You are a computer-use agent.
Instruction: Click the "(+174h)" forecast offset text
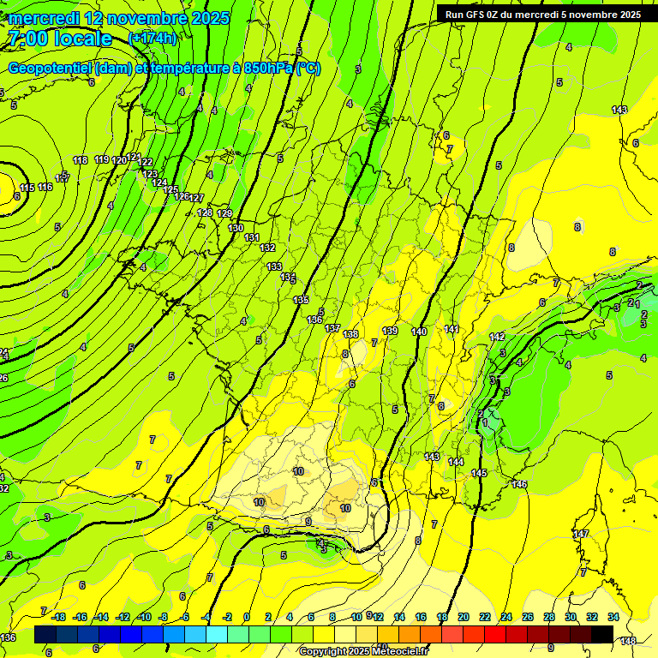[153, 38]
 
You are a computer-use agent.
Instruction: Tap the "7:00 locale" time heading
[60, 39]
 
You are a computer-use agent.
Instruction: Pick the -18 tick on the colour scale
[59, 617]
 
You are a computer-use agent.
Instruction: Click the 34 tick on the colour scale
[613, 617]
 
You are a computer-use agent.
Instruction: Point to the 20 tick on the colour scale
[464, 617]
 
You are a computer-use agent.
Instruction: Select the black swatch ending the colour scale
[602, 634]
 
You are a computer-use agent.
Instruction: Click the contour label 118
[81, 160]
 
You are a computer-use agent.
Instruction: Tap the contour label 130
[236, 228]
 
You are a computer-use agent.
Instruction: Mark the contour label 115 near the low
[27, 188]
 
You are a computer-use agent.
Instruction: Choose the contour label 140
[419, 332]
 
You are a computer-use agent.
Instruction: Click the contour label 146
[519, 484]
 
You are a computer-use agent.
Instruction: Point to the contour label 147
[582, 534]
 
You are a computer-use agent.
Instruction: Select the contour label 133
[274, 266]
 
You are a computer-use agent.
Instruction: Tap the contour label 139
[390, 331]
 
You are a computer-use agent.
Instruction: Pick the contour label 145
[479, 473]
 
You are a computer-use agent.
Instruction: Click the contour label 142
[497, 337]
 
